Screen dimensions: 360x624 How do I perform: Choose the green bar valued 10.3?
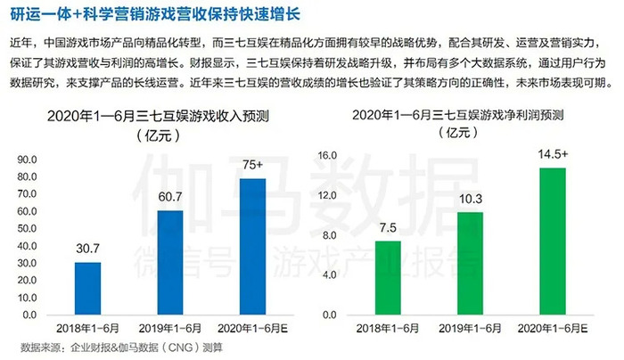tap(470, 263)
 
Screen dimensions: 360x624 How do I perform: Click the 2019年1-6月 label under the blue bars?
tap(169, 330)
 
